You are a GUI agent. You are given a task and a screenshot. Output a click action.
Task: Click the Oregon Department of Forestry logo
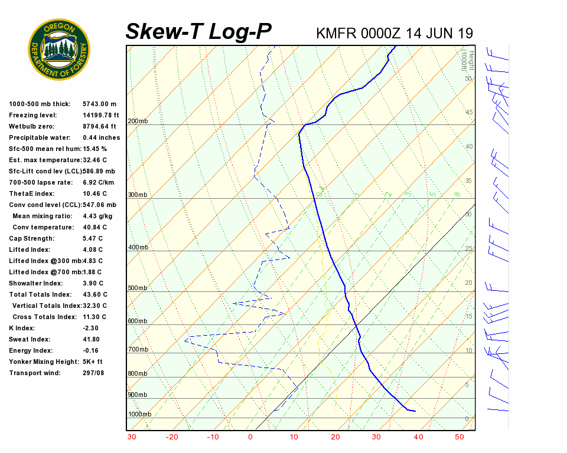59,50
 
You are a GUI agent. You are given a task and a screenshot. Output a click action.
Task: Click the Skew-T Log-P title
198,32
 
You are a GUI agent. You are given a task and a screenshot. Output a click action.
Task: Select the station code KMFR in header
335,33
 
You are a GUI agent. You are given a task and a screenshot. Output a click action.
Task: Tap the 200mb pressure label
138,121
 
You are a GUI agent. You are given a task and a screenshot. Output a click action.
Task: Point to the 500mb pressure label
138,288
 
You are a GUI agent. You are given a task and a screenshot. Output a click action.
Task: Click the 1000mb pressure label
139,414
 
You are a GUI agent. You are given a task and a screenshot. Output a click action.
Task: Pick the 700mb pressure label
138,350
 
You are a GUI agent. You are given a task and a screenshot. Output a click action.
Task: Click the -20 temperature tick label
172,437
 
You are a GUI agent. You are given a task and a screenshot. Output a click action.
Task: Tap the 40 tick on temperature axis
418,437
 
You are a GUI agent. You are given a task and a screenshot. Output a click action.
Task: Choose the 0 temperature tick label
250,437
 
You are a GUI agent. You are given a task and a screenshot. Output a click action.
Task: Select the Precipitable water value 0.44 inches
101,137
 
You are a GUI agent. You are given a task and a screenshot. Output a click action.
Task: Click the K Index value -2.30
92,328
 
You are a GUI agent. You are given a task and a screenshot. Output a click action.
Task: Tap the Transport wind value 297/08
93,373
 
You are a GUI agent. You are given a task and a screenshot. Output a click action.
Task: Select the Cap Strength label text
31,238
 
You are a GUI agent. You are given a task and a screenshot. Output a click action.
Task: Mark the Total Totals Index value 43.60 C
95,294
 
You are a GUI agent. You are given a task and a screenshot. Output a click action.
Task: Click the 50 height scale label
468,78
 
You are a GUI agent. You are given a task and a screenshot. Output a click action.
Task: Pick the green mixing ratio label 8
457,193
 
